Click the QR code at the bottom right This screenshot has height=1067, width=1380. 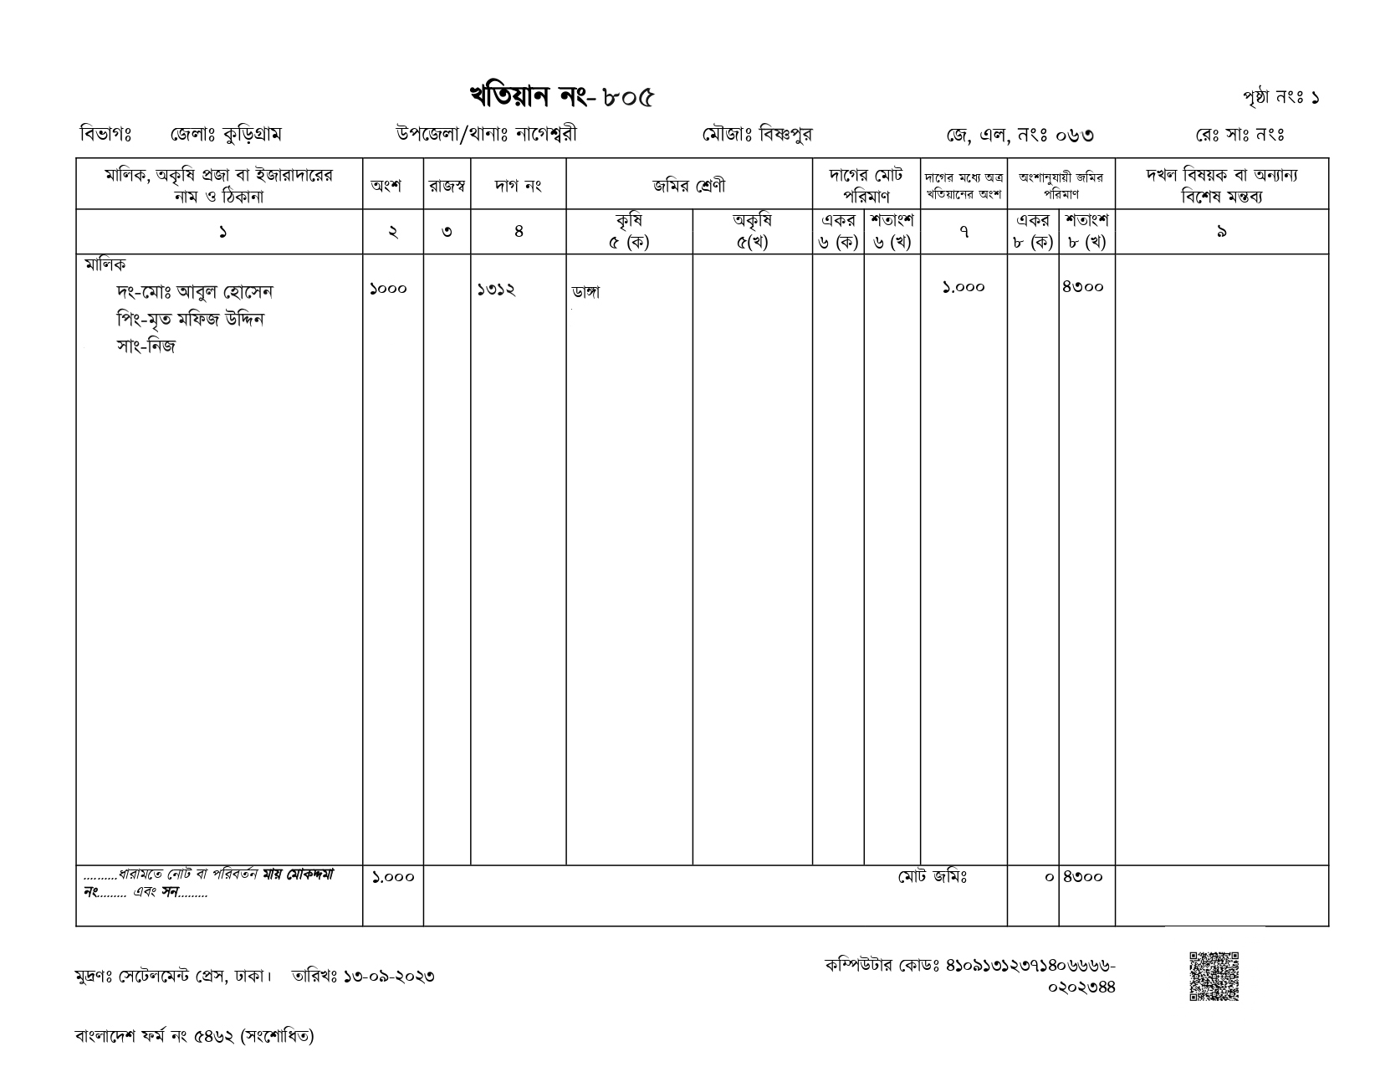pyautogui.click(x=1214, y=976)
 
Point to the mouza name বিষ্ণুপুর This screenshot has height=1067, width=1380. pyautogui.click(x=785, y=134)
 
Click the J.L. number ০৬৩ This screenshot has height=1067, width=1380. pyautogui.click(x=1075, y=136)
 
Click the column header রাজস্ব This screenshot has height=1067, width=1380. pyautogui.click(x=447, y=186)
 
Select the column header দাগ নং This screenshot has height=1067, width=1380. pyautogui.click(x=519, y=186)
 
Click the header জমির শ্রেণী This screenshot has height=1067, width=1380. pyautogui.click(x=689, y=186)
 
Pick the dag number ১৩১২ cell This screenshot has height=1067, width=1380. pyautogui.click(x=496, y=290)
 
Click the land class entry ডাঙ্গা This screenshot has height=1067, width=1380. pyautogui.click(x=585, y=292)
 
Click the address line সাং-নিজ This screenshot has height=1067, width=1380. pyautogui.click(x=146, y=346)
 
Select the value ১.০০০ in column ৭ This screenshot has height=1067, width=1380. pyautogui.click(x=963, y=287)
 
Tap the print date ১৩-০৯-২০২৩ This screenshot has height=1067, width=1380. pyautogui.click(x=389, y=976)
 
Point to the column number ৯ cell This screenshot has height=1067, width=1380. pyautogui.click(x=1222, y=232)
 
